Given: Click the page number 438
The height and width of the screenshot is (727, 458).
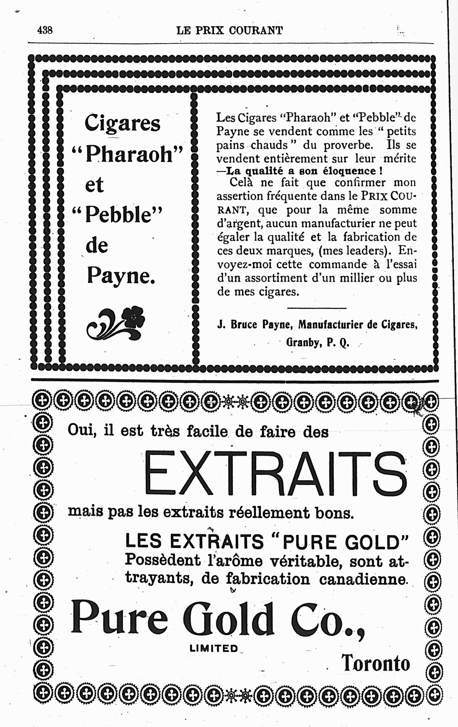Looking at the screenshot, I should coord(45,30).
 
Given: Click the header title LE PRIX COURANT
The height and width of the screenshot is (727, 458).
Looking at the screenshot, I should coord(230,30).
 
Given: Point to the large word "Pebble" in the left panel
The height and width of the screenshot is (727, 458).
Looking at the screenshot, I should coord(117,215).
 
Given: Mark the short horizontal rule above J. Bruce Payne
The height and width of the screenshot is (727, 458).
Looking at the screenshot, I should coord(317,308).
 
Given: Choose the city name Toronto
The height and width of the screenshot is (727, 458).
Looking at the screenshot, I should coord(376,663).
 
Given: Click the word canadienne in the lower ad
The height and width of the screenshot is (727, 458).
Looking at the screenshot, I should coord(362,579).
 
